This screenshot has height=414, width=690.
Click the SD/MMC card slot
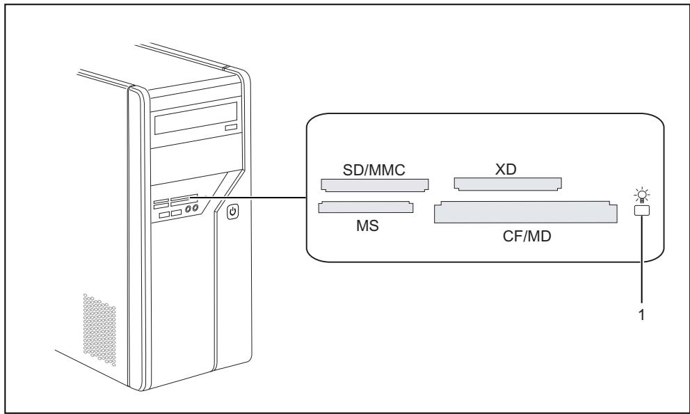pyautogui.click(x=375, y=185)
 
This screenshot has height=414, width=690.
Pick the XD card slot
pyautogui.click(x=507, y=184)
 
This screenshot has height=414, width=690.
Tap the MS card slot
pyautogui.click(x=364, y=207)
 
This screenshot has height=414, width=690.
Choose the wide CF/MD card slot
pyautogui.click(x=525, y=212)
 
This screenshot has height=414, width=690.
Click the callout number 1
pyautogui.click(x=643, y=315)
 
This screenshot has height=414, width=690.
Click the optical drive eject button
pyautogui.click(x=231, y=129)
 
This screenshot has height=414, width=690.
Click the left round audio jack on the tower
pyautogui.click(x=188, y=207)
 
